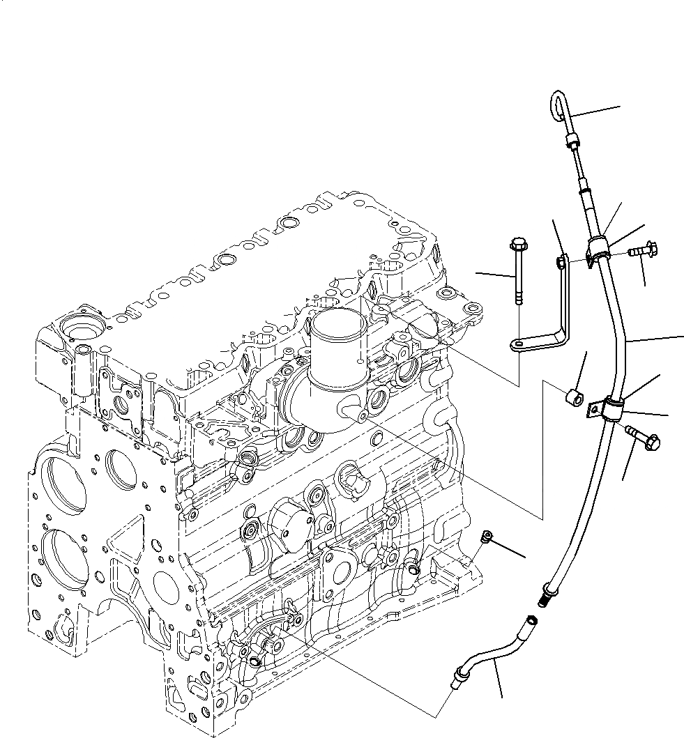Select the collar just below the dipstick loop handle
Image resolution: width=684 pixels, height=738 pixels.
[x=573, y=144]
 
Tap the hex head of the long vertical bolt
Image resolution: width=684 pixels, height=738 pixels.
[x=517, y=245]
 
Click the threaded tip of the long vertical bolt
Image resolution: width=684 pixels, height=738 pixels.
[x=519, y=300]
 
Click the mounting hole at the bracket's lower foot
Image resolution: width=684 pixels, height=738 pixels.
[x=519, y=344]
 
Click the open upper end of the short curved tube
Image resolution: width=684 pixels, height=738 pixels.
[x=533, y=620]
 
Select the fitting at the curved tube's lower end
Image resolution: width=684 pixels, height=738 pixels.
[x=459, y=675]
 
